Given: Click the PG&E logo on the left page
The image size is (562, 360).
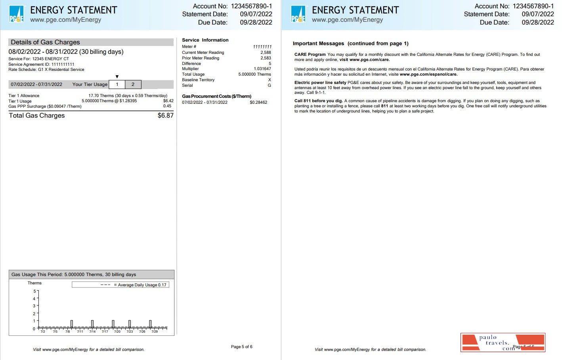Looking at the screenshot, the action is point(17,14).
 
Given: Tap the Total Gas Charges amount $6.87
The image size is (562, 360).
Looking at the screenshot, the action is point(165,116).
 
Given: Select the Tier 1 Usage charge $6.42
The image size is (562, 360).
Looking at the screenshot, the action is point(168,101).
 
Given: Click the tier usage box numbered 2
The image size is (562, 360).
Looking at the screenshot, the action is point(133,84).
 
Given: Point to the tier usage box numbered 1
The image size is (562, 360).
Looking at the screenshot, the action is point(117,84).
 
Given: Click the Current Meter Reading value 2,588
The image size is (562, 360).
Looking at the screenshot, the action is point(266,53).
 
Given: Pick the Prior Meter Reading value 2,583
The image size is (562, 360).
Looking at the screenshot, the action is point(266,58).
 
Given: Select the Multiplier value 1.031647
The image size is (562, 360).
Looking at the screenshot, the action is point(262,69).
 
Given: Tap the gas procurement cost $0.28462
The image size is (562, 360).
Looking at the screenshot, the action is point(258,103).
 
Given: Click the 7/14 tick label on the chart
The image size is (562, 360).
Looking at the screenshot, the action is point(92,331).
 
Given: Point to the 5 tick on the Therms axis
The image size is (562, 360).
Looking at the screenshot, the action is point(34,291).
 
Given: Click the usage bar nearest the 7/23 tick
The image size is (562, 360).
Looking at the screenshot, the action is point(130,324).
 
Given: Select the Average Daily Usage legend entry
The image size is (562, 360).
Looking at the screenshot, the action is point(135,285).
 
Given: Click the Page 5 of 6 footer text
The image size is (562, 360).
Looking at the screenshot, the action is point(241,347).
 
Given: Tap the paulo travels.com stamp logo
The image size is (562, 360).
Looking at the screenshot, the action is point(503,343).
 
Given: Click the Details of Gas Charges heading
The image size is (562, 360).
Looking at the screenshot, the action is point(46,42).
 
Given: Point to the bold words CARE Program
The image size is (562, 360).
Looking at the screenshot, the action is point(310,55).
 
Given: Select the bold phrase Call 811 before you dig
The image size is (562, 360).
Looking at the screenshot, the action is point(318,101).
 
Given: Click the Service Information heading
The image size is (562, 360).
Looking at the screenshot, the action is point(205,40).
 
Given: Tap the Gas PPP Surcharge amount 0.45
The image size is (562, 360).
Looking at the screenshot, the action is point(167,106).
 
